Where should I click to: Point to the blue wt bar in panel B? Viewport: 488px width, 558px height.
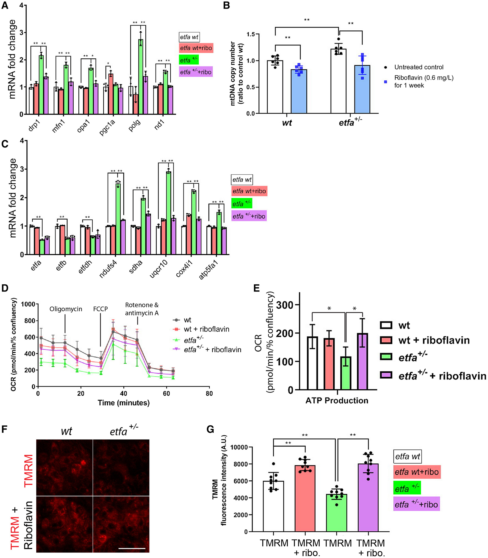(x=299, y=91)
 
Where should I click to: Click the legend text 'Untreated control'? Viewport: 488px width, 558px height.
(x=419, y=67)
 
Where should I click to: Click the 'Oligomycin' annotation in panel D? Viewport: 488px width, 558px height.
(x=66, y=309)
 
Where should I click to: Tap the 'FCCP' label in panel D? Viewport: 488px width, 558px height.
(x=100, y=309)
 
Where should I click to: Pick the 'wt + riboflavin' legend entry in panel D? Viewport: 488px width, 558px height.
(x=206, y=329)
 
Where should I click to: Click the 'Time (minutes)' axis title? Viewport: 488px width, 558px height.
(x=124, y=403)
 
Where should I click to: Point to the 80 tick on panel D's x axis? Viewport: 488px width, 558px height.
(x=209, y=393)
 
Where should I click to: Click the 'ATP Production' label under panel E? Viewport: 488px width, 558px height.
(x=337, y=400)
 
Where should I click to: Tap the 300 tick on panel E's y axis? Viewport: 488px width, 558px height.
(x=284, y=305)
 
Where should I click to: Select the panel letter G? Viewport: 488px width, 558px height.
(x=210, y=429)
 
